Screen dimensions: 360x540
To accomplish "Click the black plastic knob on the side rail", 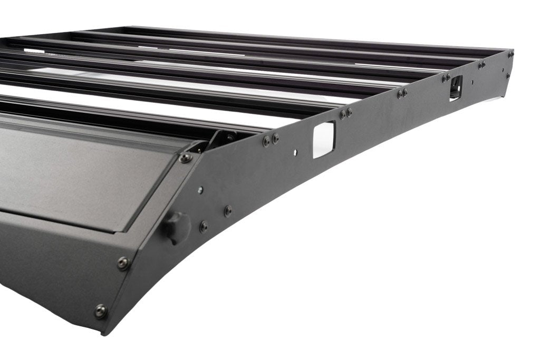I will point(176,227).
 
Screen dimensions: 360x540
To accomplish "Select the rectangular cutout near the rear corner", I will point(456,87).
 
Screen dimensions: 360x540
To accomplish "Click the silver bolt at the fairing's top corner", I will point(186,158).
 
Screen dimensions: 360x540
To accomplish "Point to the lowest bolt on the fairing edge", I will point(100,312).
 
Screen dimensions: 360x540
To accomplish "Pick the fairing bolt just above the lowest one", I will point(123,263).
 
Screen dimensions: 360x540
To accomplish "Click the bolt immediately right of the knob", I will point(204,227).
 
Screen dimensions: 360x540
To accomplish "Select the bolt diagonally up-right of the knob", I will point(228,211).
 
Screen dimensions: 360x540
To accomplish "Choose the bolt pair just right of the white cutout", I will point(345,113).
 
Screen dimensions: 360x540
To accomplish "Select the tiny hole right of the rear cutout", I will point(472,82).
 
